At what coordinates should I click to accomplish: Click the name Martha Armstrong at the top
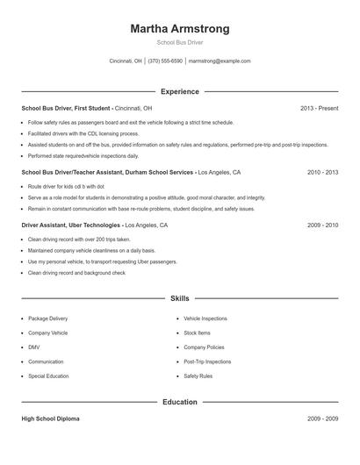coord(180,29)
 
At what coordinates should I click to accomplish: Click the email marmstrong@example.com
coord(220,61)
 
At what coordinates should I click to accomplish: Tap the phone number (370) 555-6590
coord(165,61)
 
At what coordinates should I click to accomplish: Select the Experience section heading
coord(180,91)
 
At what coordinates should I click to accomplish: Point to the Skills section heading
coord(180,299)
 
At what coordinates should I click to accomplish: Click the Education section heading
coord(180,402)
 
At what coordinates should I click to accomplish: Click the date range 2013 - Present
coord(319,108)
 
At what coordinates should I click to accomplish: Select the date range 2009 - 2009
coord(322,419)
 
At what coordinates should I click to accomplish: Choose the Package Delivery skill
coord(47,318)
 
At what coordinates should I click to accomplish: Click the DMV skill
coord(33,347)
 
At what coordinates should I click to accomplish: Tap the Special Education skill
coord(48,376)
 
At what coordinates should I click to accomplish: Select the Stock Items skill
coord(197,333)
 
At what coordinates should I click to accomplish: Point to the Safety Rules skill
coord(198,376)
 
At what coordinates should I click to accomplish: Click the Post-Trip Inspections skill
coord(207,361)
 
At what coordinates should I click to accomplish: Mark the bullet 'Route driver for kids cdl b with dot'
coord(66,187)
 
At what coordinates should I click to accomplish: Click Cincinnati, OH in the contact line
coord(126,61)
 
